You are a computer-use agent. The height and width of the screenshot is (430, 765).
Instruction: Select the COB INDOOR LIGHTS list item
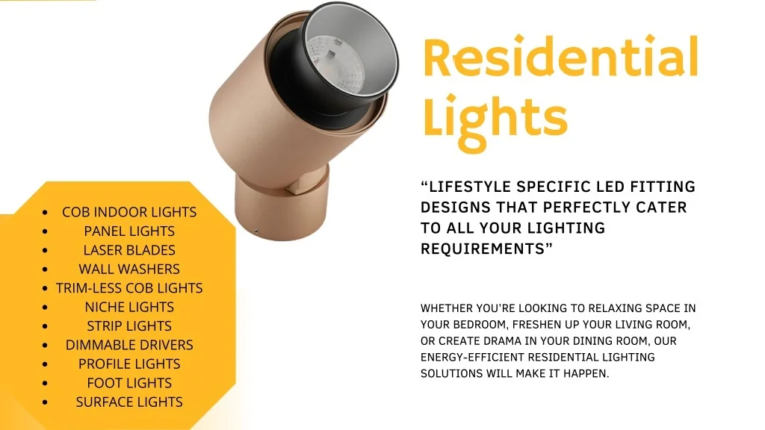[x=129, y=212]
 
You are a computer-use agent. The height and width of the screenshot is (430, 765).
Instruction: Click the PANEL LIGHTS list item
[x=129, y=231]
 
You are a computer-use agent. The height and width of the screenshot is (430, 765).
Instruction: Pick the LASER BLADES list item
[x=129, y=250]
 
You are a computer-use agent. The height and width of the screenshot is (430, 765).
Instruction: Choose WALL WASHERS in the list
[x=129, y=269]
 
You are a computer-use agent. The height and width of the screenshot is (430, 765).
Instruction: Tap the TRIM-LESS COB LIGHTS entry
[x=129, y=288]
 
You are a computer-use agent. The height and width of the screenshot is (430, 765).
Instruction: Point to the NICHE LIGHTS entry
[x=129, y=307]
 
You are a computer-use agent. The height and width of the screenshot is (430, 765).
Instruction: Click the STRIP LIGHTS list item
[x=129, y=326]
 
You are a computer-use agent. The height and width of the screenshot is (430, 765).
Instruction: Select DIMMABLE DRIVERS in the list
[x=129, y=345]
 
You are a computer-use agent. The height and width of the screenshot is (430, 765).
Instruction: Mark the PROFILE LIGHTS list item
[x=129, y=364]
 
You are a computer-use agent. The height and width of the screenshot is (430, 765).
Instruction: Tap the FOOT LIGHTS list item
[x=129, y=383]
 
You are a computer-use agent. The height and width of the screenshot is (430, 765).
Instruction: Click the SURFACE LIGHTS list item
[x=129, y=402]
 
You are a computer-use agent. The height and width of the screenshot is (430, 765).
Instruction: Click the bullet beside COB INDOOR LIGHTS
[x=46, y=213]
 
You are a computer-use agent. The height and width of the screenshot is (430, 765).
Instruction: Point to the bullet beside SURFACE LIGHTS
[x=46, y=402]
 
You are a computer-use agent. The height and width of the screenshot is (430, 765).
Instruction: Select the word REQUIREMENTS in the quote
[x=483, y=249]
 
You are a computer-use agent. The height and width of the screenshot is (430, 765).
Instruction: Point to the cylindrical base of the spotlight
[x=281, y=205]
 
